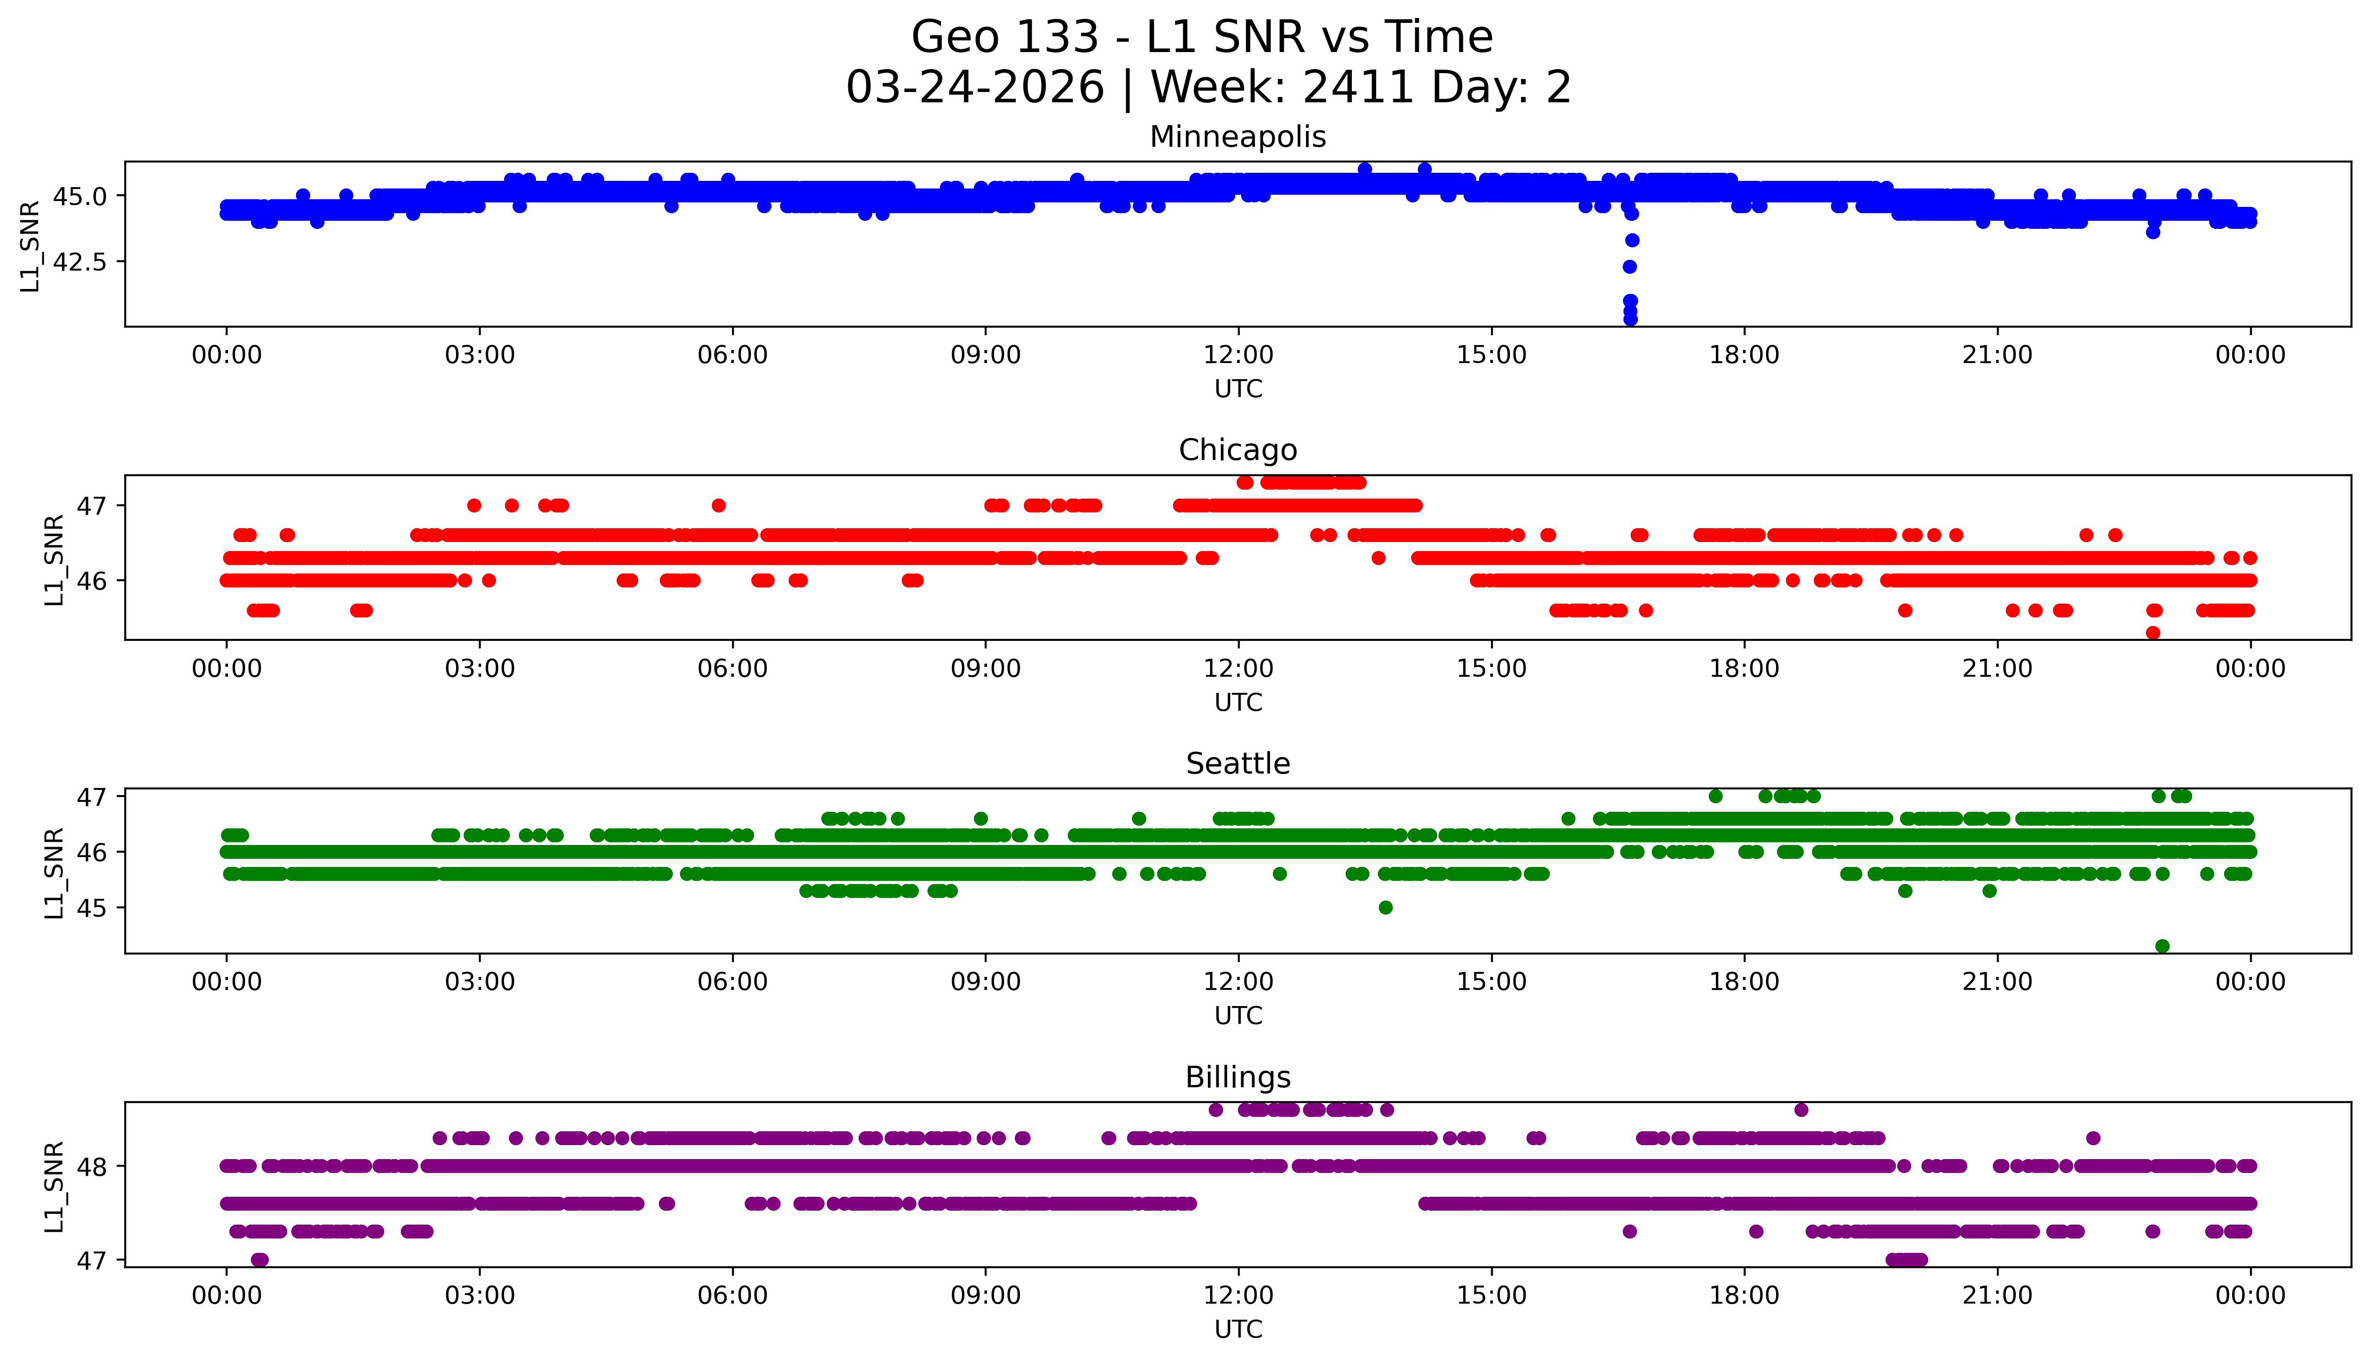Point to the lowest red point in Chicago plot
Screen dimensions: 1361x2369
coord(2153,633)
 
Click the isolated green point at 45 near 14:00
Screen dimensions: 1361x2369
coord(1386,908)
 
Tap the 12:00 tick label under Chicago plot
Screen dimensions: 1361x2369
coord(1238,670)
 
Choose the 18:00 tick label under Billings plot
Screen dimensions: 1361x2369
coord(1744,1296)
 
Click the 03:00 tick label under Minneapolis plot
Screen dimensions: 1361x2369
coord(480,356)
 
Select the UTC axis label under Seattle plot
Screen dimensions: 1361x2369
coord(1238,1016)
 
